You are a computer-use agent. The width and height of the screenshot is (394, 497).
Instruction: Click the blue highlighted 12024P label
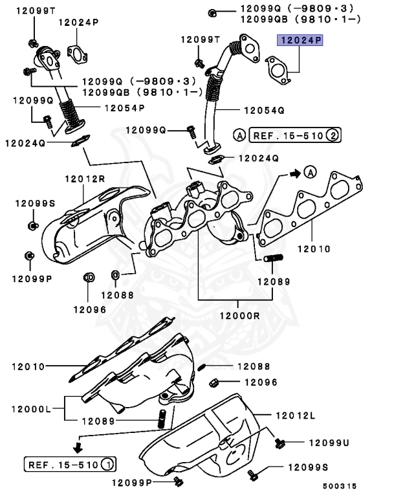click(x=300, y=41)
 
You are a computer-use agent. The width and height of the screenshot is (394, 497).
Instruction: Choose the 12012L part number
click(x=296, y=414)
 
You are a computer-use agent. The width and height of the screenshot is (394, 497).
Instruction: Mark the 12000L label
click(x=32, y=408)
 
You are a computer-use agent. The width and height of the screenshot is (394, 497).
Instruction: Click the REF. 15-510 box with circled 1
click(x=70, y=464)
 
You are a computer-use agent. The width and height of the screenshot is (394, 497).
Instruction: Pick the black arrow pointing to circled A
click(x=294, y=173)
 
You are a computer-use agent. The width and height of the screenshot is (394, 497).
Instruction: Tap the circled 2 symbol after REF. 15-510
click(x=331, y=135)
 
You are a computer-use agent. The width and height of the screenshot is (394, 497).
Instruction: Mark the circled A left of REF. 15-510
click(x=239, y=135)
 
